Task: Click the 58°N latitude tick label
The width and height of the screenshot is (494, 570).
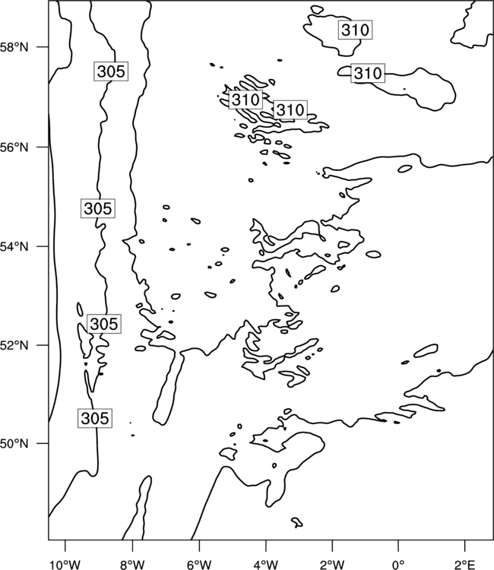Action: coord(14,47)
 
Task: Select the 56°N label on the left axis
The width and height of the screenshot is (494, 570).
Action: coord(14,147)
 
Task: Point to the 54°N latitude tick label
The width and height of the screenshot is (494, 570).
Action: coord(14,247)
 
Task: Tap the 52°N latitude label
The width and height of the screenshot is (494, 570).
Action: coord(14,345)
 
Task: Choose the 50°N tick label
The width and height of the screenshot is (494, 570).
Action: coord(14,444)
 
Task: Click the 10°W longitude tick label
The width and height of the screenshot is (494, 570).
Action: coord(65,565)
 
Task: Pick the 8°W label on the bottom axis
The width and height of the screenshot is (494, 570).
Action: coord(132,565)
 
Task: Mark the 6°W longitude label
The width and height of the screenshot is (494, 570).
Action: coord(199,565)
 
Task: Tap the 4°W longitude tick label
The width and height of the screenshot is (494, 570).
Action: coord(265,565)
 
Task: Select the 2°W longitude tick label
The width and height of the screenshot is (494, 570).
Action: coord(332,565)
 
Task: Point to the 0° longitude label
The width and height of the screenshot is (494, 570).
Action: coord(398,565)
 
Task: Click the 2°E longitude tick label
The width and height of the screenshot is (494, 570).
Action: coord(465,565)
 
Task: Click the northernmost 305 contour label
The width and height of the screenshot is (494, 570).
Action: coord(111,71)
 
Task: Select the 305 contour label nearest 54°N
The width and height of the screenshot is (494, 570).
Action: coord(98,208)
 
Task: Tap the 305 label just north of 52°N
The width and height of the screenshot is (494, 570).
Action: coord(104,324)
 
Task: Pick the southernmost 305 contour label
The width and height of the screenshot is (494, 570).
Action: coord(95,418)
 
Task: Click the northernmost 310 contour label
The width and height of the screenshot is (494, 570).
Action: coord(356,30)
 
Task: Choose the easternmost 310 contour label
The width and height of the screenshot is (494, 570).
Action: coord(368,73)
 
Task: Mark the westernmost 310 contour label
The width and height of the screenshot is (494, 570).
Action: coord(245,100)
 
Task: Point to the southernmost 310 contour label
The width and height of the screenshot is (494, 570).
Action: coord(290,109)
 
